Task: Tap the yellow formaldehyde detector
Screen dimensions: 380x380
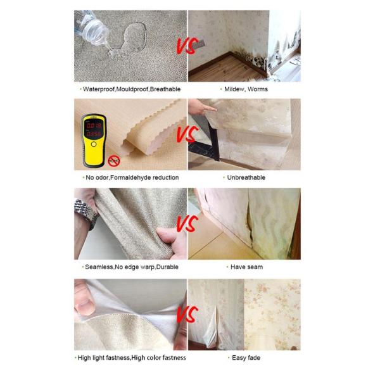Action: click(x=94, y=141)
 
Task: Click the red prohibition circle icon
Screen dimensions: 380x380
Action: click(x=114, y=161)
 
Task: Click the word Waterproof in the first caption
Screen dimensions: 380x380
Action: click(x=99, y=89)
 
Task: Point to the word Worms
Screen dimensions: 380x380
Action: click(x=258, y=89)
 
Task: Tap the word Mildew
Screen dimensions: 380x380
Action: click(x=234, y=89)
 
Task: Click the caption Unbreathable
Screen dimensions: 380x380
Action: click(x=246, y=177)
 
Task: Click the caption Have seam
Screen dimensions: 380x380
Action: click(x=246, y=267)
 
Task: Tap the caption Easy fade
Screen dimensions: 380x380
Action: click(x=246, y=358)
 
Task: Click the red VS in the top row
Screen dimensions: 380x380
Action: click(x=187, y=46)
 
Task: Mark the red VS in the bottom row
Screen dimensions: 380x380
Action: click(x=187, y=314)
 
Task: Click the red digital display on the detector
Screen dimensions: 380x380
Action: click(x=94, y=129)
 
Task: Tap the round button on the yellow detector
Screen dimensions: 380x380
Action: click(x=94, y=144)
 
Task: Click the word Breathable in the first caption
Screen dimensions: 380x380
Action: click(x=165, y=89)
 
